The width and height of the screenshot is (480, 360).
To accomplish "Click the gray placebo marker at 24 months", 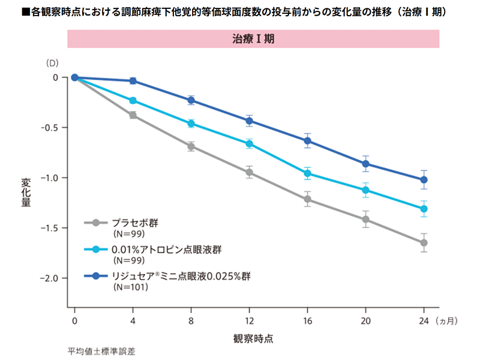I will (424, 242).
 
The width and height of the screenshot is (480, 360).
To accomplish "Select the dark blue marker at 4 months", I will (133, 80).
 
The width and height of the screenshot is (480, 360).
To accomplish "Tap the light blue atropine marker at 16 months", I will (307, 173).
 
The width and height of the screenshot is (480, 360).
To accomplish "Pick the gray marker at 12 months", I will (249, 172).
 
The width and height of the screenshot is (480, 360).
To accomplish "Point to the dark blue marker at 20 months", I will (365, 163).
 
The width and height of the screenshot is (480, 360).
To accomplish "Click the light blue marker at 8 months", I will (191, 124).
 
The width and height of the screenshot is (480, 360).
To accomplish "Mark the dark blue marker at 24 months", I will (424, 179).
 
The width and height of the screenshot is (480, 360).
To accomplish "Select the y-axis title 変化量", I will (26, 193).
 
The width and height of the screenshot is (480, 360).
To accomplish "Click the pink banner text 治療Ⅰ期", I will (253, 38).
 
